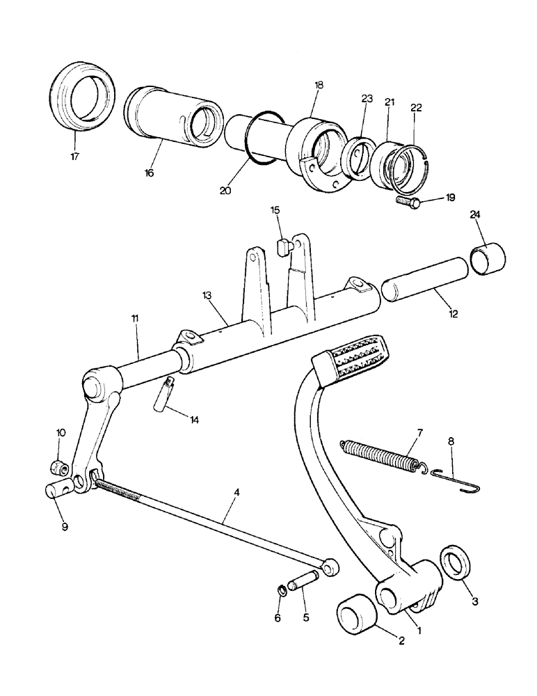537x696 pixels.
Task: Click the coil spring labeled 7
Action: click(381, 457)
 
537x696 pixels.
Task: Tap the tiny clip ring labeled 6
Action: click(282, 592)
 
